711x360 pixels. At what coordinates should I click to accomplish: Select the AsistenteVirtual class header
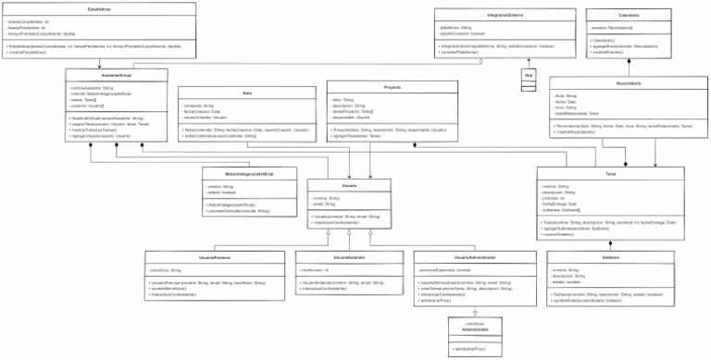[118, 74]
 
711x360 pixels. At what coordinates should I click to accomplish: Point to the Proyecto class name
[392, 86]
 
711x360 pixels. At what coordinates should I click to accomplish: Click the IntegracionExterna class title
[505, 15]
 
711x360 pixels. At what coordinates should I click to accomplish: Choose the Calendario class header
[629, 15]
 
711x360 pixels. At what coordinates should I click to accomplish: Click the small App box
[529, 74]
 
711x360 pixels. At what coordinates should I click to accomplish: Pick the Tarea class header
[610, 173]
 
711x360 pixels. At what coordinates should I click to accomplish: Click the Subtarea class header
[610, 256]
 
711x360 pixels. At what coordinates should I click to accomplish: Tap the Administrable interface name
[475, 329]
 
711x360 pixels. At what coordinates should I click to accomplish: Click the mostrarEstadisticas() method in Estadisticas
[28, 52]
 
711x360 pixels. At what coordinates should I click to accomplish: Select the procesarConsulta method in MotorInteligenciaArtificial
[239, 212]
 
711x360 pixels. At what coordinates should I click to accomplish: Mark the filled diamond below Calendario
[629, 61]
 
